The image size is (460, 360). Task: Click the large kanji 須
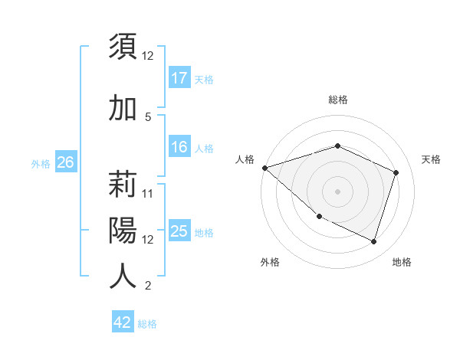click(x=123, y=47)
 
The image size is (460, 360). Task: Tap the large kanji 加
click(x=123, y=108)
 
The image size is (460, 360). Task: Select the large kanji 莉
click(x=123, y=185)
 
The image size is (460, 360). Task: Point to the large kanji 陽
click(x=123, y=231)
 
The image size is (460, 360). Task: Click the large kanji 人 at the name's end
click(x=123, y=276)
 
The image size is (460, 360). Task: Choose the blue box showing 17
click(x=179, y=77)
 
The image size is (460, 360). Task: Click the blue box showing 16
click(x=179, y=147)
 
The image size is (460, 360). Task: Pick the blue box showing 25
click(x=179, y=231)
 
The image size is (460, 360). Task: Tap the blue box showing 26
click(x=65, y=162)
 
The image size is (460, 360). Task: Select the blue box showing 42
click(x=123, y=322)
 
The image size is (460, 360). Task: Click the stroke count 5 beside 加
click(x=148, y=116)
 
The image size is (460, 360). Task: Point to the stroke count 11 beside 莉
click(x=148, y=193)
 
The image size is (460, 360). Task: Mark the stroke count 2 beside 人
click(x=148, y=286)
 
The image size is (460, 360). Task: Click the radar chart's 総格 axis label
click(x=337, y=100)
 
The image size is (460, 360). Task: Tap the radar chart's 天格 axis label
click(x=431, y=159)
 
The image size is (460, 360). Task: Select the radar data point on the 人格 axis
click(x=264, y=168)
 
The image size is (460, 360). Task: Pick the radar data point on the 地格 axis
click(x=373, y=241)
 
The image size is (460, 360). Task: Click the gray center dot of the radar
click(x=337, y=191)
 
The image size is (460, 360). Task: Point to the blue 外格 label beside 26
click(x=40, y=163)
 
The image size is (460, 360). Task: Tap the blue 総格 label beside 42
click(x=147, y=323)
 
